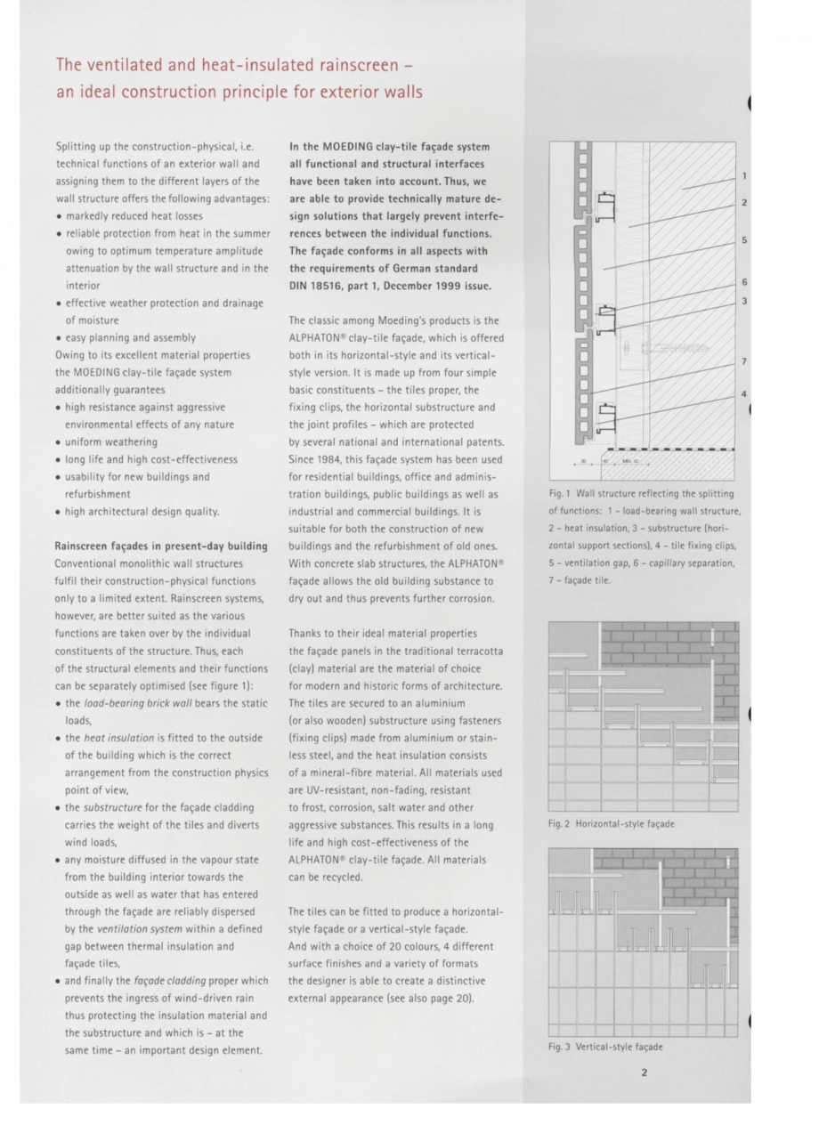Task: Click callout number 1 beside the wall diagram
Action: click(x=743, y=176)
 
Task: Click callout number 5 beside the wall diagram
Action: click(x=743, y=240)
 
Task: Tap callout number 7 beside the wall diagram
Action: click(x=743, y=361)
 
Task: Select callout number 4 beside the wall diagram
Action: click(x=743, y=393)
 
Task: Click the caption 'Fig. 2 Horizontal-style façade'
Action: click(x=611, y=824)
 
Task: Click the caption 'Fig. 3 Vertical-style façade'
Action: click(x=605, y=1048)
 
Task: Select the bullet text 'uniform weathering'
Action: click(x=110, y=441)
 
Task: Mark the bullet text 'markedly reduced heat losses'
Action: click(x=134, y=216)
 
